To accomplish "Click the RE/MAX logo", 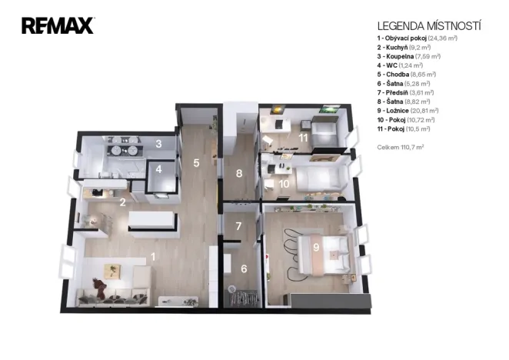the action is coord(58,25).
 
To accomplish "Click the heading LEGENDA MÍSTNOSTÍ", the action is coord(429,26).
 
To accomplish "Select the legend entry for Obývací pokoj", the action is coord(418,38).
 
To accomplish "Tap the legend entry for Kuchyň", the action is coord(404,48).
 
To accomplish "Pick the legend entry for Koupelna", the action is coord(409,56).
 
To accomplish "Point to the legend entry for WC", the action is coord(400,65).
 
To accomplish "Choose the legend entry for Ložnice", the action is coord(408,111).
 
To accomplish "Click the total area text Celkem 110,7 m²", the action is coord(401,147).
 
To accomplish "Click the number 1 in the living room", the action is coord(153,257).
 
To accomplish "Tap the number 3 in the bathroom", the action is coord(158,144).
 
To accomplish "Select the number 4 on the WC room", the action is coord(158,169).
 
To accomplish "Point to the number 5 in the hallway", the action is coord(196,163).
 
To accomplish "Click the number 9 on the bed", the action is coord(316,247).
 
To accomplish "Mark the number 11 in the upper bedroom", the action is coord(303,138).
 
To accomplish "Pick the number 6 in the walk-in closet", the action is coord(244,268).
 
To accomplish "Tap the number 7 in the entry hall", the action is coord(238,226).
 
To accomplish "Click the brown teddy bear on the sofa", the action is coord(100,288).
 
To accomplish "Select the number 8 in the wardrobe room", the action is coord(239,173).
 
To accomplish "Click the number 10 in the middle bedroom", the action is coord(284,184).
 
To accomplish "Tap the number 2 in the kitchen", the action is coord(122,202).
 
